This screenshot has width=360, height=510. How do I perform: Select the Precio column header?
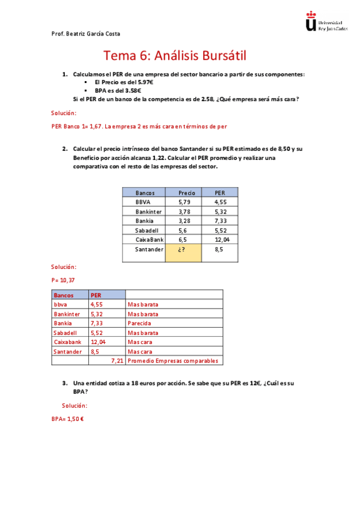pos(187,193)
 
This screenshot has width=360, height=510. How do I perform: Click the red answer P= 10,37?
pos(64,280)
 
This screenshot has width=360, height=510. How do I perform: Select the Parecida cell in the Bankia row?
pos(139,323)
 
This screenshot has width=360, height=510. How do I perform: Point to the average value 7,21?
pos(117,361)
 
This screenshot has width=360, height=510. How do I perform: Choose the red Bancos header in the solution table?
pos(64,295)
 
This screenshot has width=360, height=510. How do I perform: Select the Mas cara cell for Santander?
pos(140,351)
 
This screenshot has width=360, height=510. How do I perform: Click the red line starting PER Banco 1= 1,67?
pos(139,126)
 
